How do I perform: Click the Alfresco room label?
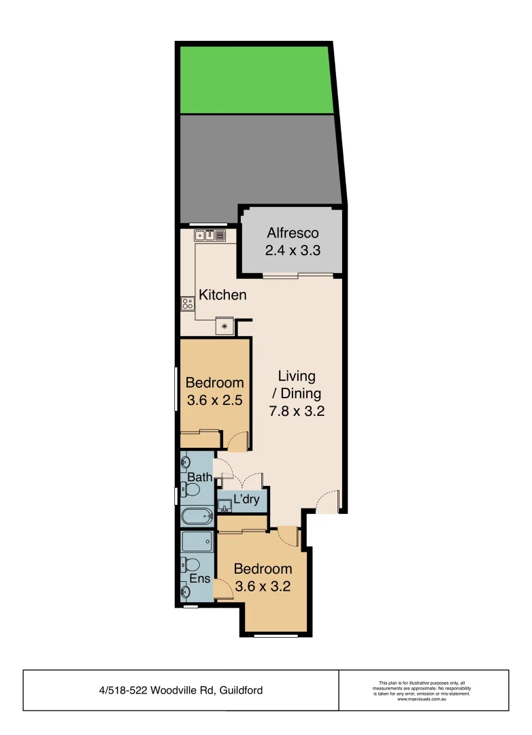[293, 233]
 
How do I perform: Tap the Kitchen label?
[222, 295]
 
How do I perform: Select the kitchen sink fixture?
[210, 236]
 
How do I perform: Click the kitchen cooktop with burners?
[188, 304]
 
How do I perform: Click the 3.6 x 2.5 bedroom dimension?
[215, 400]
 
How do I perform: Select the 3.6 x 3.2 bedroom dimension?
[263, 586]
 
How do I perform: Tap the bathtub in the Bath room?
[197, 517]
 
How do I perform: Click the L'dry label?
[246, 500]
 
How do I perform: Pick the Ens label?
[200, 579]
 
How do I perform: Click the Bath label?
[200, 477]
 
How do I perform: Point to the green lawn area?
[256, 80]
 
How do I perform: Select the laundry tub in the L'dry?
[224, 506]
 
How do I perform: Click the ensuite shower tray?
[197, 542]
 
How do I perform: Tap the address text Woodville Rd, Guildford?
[181, 691]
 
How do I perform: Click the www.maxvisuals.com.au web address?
[421, 700]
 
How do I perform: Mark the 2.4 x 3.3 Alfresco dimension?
[293, 250]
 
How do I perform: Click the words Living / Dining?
[297, 385]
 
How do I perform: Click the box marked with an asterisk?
[224, 327]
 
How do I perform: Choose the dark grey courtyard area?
[259, 163]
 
